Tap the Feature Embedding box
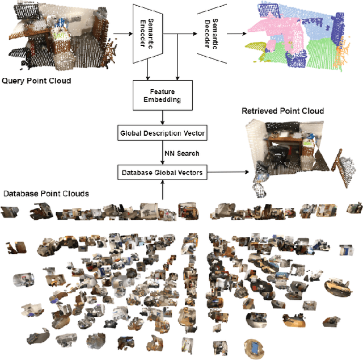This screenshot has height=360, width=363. tap(163, 95)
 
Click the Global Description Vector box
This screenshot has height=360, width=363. tap(163, 134)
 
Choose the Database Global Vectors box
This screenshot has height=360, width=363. tap(163, 172)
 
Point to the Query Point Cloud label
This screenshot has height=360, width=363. tap(36, 81)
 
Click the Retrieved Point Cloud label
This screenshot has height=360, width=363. tap(282, 111)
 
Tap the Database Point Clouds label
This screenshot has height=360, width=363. tap(46, 194)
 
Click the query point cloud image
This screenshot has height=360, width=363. tap(54, 37)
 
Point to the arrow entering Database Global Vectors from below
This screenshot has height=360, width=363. tap(163, 190)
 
